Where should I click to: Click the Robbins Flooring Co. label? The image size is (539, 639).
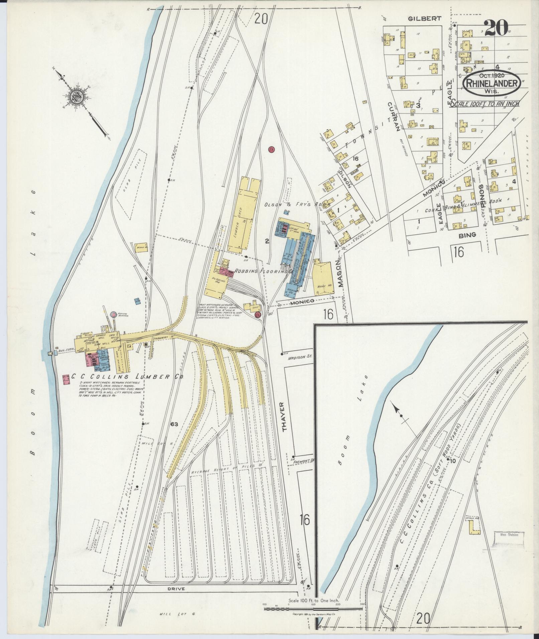point(262,272)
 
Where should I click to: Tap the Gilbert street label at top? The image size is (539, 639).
point(420,19)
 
